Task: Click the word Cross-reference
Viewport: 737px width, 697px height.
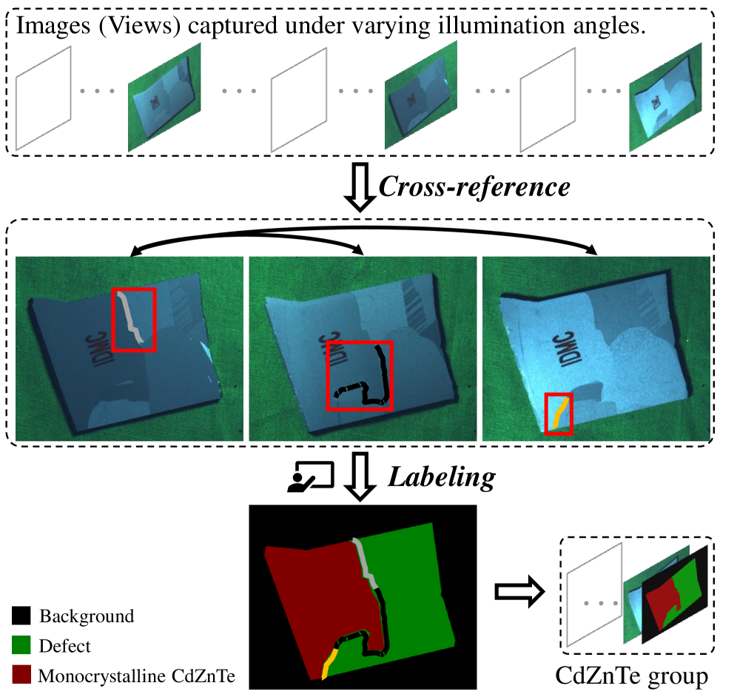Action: (474, 187)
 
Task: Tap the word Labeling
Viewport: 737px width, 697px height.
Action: (441, 477)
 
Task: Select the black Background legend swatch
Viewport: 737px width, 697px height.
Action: (21, 616)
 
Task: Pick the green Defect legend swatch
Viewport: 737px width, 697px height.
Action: (21, 645)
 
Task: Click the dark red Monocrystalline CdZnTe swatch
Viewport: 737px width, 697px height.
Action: (21, 675)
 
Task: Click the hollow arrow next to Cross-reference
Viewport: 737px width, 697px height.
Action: (360, 187)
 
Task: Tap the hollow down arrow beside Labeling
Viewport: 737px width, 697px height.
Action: (360, 477)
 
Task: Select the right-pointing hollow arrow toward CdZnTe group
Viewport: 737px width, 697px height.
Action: (520, 591)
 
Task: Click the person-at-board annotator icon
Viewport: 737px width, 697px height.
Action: (311, 477)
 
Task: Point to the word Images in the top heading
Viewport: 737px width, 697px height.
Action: (53, 27)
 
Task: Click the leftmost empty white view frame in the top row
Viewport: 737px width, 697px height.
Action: (43, 98)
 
